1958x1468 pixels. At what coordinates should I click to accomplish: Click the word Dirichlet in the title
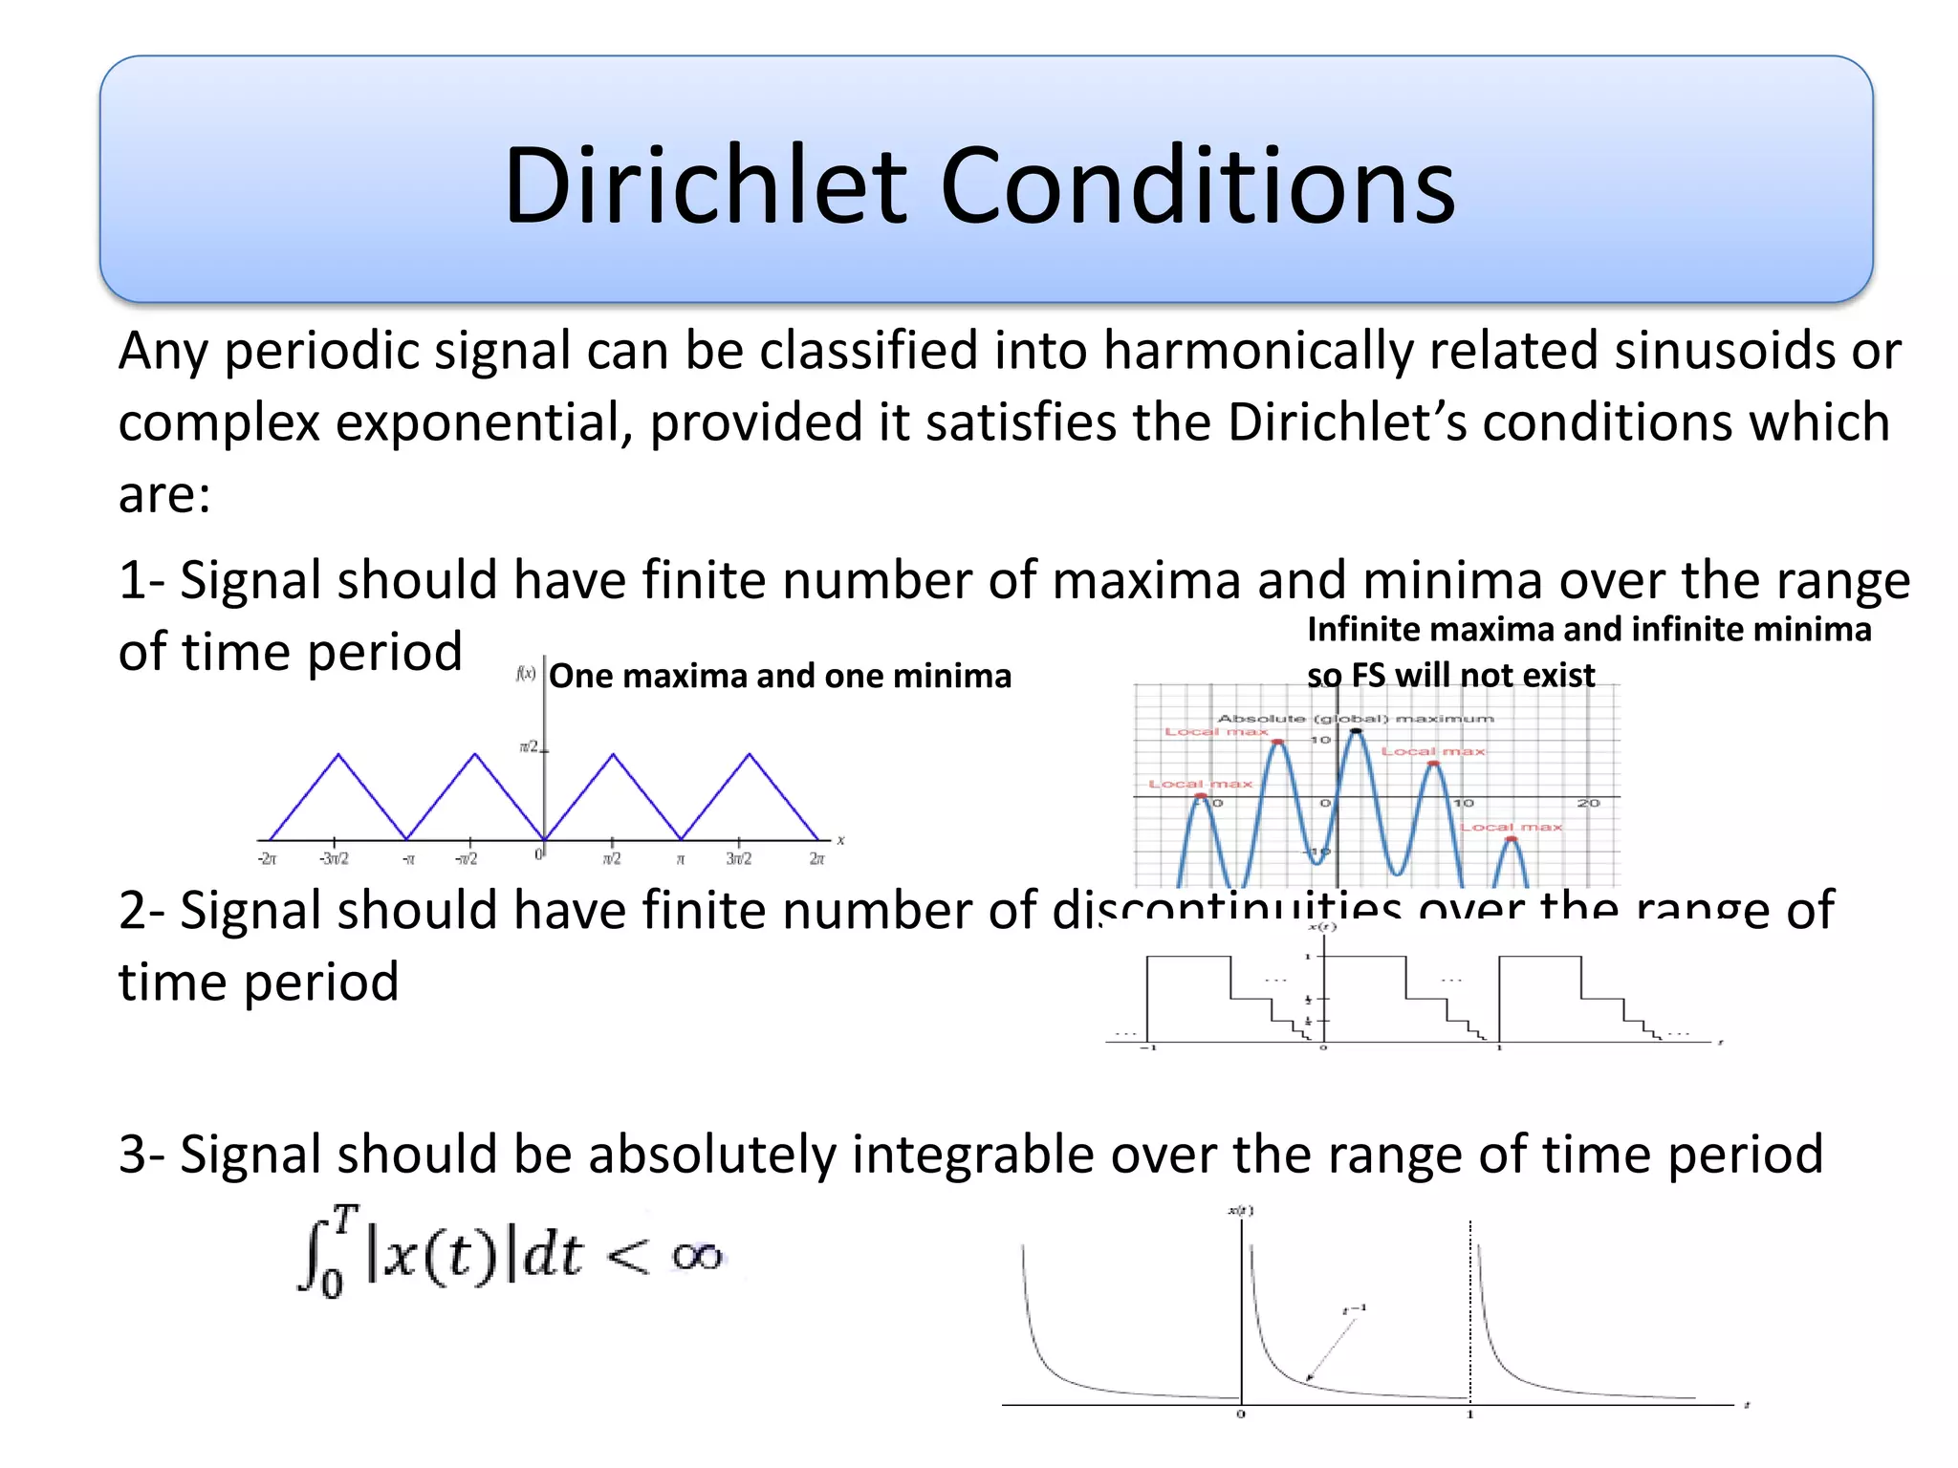(x=705, y=186)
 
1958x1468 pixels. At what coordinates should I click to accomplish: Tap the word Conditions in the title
(x=1197, y=186)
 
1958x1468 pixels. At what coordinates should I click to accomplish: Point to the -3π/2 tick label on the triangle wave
(x=334, y=859)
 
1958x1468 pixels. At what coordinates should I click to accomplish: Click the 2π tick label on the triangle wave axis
(x=816, y=859)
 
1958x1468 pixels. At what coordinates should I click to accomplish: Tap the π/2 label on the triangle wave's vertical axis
(x=529, y=745)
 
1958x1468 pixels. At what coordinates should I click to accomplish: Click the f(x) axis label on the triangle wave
(x=525, y=673)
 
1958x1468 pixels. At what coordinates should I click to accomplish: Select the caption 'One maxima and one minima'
(x=779, y=676)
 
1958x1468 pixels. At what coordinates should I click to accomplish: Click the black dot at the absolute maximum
(x=1356, y=731)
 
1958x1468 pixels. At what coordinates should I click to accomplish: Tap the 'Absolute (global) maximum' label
(x=1355, y=718)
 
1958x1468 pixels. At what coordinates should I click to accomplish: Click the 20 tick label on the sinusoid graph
(x=1588, y=804)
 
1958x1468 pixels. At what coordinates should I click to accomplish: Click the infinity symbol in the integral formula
(x=697, y=1256)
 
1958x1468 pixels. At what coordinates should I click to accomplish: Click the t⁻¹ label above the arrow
(x=1355, y=1308)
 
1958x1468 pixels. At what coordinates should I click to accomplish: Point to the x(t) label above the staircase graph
(x=1321, y=927)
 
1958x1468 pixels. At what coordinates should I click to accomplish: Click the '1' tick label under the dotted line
(x=1470, y=1414)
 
